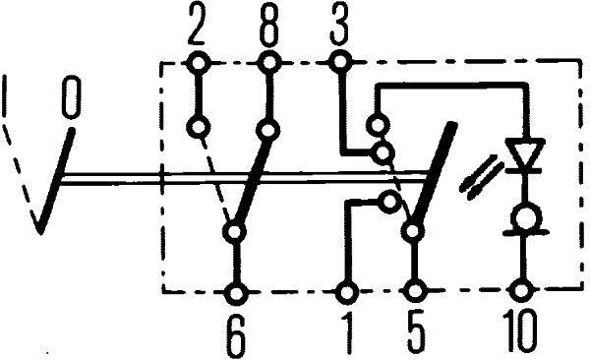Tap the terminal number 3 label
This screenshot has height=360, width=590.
coord(339,27)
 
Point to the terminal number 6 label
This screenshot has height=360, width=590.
coord(236,333)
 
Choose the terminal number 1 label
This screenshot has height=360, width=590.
coord(347,333)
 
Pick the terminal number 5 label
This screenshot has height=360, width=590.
coord(417,333)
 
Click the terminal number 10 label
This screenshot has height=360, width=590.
coord(518,333)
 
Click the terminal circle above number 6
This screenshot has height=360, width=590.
coord(236,292)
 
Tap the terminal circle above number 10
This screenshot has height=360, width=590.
coord(523,292)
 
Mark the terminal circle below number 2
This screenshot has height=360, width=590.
coord(200,63)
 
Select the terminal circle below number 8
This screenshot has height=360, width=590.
coord(270,63)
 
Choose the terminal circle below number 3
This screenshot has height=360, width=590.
coord(339,63)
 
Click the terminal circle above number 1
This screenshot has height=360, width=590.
coord(347,292)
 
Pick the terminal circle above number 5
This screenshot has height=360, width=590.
coord(417,292)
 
